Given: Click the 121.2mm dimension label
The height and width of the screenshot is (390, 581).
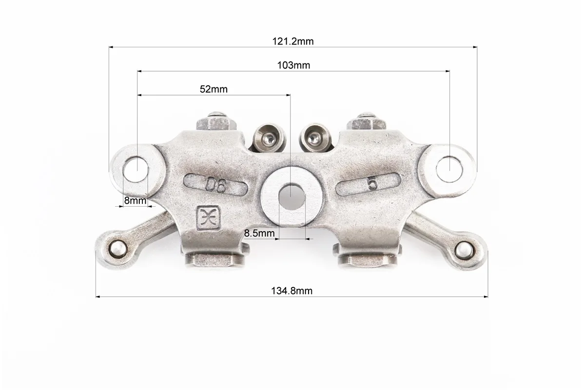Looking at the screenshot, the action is pos(293,41).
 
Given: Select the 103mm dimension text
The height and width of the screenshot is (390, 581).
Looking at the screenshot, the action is pos(293,65).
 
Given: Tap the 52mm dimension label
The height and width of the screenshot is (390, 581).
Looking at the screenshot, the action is pos(213,89).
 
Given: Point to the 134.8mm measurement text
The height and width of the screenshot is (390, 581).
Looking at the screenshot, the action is pos(291,291).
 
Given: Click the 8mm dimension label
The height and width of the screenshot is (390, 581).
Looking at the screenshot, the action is pos(135,200).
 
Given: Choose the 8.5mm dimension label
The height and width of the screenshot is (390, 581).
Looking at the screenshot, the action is pos(259,233).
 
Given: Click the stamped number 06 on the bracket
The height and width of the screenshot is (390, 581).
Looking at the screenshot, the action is pos(216,185).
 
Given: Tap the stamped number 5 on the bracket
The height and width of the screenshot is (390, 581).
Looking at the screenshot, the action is pos(372,183).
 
